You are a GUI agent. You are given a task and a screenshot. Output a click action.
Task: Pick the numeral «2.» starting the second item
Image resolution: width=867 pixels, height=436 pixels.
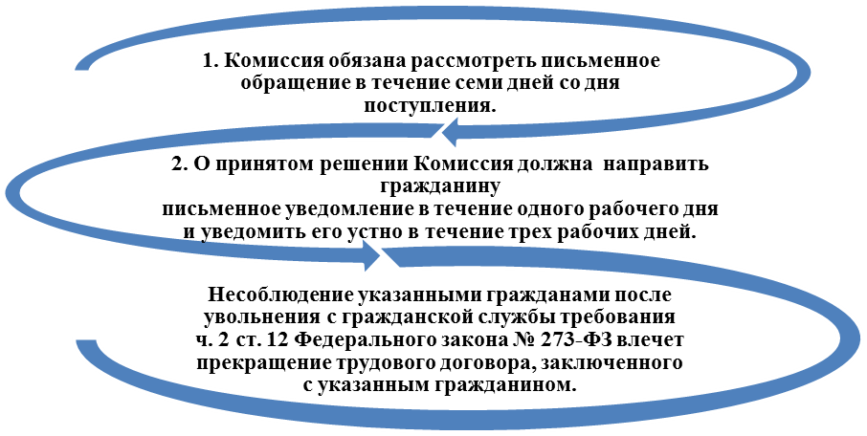pos(180,164)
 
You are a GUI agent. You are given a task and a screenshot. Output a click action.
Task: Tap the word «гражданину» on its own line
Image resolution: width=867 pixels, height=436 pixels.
pos(440,188)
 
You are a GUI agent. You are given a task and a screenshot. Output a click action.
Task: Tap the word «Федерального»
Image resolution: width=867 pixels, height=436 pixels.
pos(361,339)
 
